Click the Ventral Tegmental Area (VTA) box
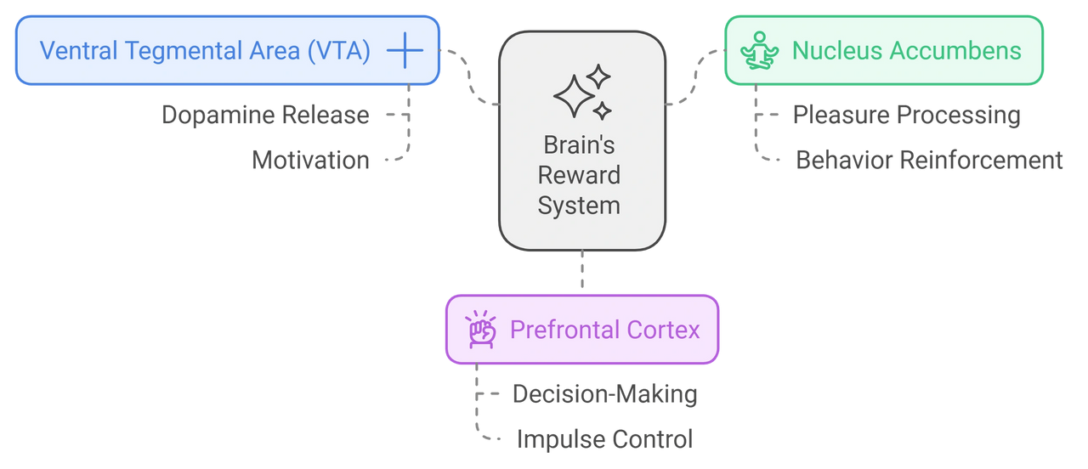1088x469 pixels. (204, 51)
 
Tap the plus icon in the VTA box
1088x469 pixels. (405, 51)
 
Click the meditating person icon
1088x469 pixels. (760, 51)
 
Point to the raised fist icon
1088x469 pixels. (481, 330)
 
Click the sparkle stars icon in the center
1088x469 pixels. (582, 93)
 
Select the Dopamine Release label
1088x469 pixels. (266, 115)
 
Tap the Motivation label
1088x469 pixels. (311, 160)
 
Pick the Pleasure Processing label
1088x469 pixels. (906, 115)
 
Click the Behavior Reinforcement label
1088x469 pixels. (929, 160)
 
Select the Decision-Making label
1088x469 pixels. (604, 393)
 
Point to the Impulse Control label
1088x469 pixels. (604, 439)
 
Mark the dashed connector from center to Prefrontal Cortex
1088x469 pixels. (582, 272)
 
